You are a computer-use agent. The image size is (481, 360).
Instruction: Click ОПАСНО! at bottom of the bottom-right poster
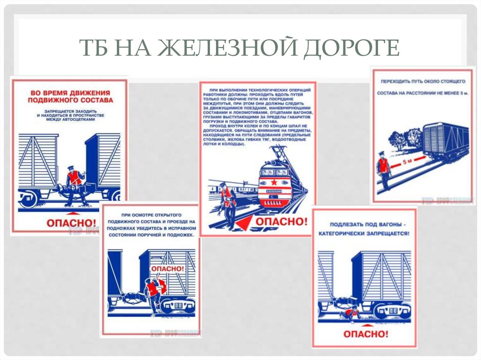(x=366, y=334)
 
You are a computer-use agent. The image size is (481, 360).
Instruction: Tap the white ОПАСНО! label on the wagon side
(x=167, y=268)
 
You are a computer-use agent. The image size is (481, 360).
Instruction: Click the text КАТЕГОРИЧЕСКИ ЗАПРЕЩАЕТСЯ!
(x=364, y=233)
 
